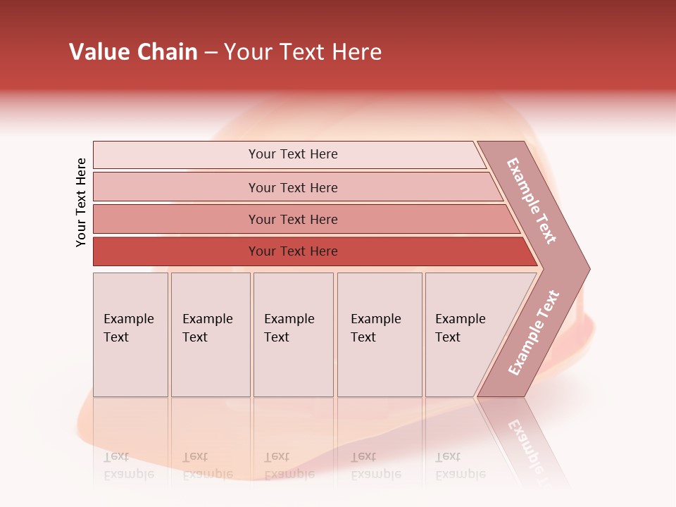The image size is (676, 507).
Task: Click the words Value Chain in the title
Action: pyautogui.click(x=133, y=52)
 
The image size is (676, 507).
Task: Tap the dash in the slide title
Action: pyautogui.click(x=211, y=52)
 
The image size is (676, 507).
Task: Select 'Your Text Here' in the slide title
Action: pyautogui.click(x=303, y=52)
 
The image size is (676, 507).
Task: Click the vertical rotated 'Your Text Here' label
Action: pyautogui.click(x=81, y=202)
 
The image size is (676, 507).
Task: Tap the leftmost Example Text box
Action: pyautogui.click(x=130, y=334)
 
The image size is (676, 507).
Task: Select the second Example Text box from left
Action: pyautogui.click(x=211, y=334)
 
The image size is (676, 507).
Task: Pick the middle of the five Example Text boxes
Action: pyautogui.click(x=293, y=334)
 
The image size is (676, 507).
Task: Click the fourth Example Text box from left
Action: pyautogui.click(x=380, y=334)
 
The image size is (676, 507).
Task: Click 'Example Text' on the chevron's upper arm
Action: pyautogui.click(x=532, y=201)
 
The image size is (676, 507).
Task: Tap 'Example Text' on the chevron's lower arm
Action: pyautogui.click(x=534, y=332)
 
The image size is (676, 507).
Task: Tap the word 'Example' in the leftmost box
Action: pyautogui.click(x=128, y=319)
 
